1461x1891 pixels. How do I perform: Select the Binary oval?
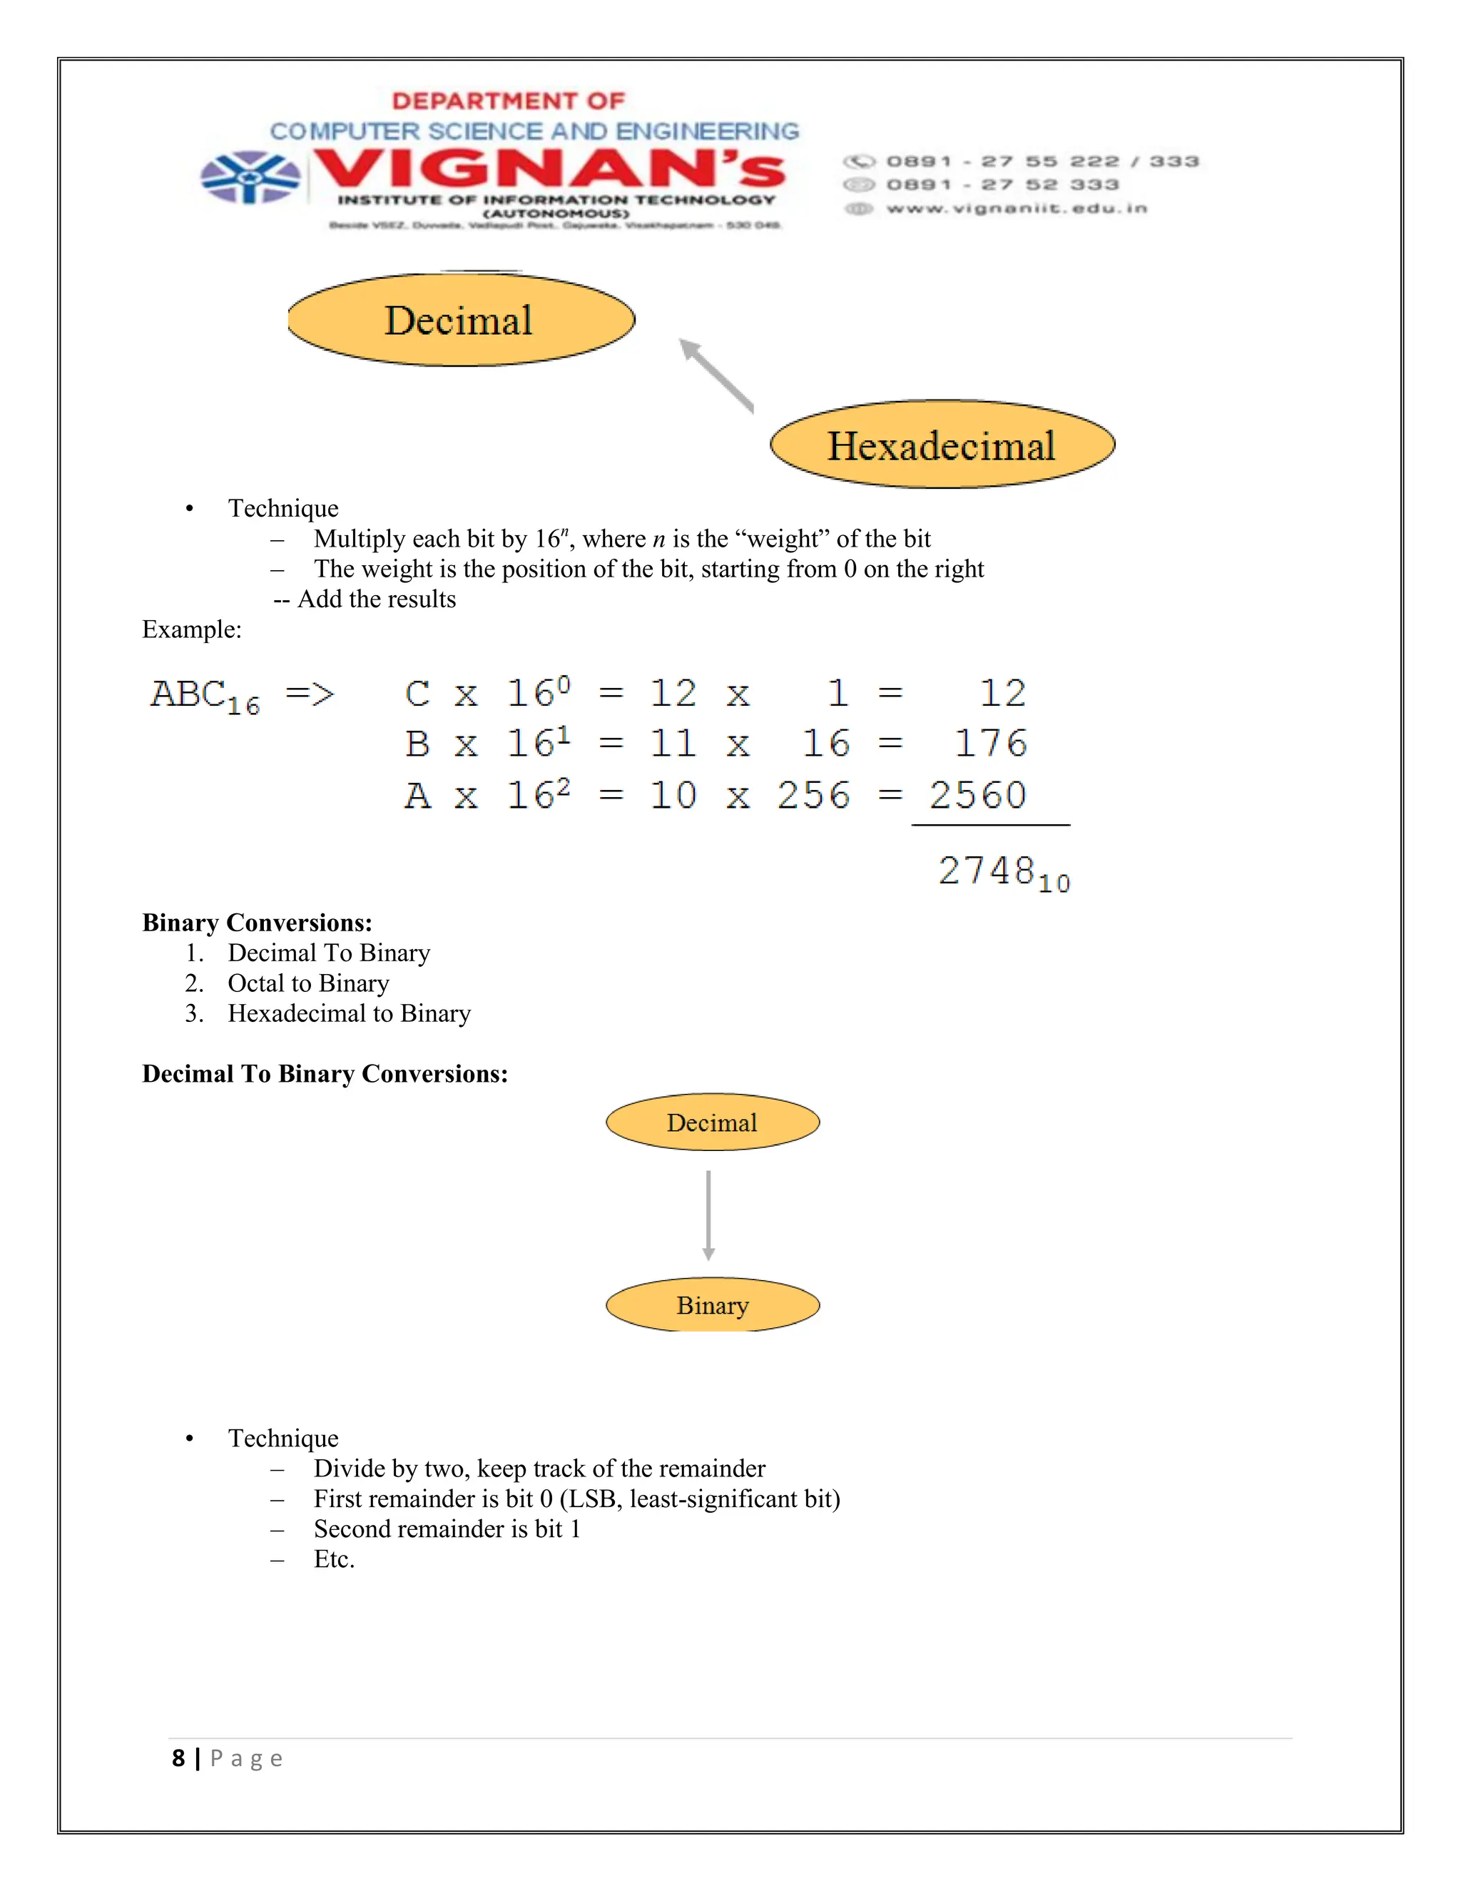click(x=713, y=1305)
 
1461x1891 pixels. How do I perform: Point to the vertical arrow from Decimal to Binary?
click(x=708, y=1215)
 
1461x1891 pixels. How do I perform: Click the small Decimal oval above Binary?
click(x=713, y=1122)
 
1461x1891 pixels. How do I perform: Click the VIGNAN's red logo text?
click(x=549, y=169)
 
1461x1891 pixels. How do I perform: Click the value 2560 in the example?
click(x=978, y=795)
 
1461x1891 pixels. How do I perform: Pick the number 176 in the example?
click(x=990, y=744)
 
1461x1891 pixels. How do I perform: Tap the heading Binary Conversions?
click(x=257, y=922)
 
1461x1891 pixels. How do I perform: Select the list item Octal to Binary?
click(x=308, y=983)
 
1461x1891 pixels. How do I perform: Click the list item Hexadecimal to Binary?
click(x=349, y=1013)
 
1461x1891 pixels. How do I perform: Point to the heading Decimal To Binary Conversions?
click(x=325, y=1074)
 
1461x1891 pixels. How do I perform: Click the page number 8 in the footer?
click(x=178, y=1758)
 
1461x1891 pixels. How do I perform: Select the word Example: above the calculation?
click(x=191, y=629)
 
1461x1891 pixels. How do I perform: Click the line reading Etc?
click(x=334, y=1559)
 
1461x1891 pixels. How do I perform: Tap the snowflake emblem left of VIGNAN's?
click(x=250, y=178)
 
